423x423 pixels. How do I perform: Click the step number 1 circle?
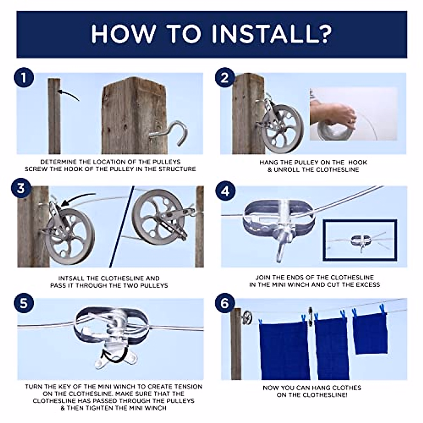(24, 78)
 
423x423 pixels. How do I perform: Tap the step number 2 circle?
(225, 78)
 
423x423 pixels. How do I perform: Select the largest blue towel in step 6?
(284, 349)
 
